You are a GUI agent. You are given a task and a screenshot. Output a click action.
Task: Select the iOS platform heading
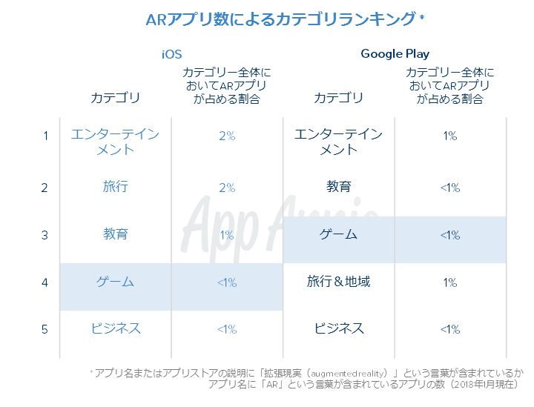click(171, 53)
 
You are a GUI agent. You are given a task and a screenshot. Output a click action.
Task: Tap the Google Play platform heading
click(395, 53)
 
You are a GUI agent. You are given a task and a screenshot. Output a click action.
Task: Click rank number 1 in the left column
click(45, 136)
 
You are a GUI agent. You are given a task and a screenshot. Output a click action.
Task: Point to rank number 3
click(45, 235)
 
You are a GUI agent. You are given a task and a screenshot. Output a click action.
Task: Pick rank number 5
click(45, 329)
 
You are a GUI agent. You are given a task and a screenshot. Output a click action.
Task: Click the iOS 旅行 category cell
click(116, 187)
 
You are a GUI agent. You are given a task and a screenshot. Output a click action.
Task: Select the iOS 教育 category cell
click(116, 234)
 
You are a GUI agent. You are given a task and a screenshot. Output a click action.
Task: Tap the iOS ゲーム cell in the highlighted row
click(116, 282)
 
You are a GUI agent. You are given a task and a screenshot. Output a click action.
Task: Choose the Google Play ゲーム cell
click(339, 234)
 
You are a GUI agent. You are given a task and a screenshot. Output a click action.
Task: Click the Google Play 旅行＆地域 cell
click(339, 282)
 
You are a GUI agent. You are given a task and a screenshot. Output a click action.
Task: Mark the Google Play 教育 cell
click(339, 187)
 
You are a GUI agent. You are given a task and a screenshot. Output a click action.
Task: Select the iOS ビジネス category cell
click(116, 328)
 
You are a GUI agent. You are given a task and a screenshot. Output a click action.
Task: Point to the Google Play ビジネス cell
click(339, 328)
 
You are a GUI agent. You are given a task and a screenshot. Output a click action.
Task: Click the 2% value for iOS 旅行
click(227, 188)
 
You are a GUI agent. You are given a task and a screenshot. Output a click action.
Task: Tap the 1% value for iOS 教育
click(227, 235)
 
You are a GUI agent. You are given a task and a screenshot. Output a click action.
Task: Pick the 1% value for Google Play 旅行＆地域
click(450, 282)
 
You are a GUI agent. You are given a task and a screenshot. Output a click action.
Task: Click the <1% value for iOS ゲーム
click(227, 282)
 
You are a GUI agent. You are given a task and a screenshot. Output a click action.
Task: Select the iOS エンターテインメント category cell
click(116, 142)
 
